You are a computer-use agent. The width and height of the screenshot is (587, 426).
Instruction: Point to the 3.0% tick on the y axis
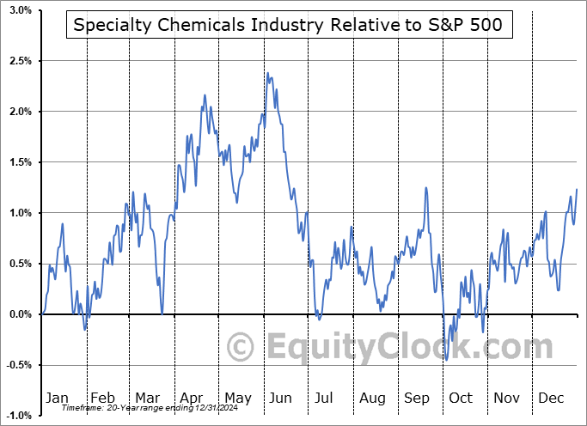[20, 11]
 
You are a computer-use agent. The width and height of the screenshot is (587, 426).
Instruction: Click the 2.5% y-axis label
[20, 62]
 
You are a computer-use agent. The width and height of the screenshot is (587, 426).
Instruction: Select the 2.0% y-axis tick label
[20, 112]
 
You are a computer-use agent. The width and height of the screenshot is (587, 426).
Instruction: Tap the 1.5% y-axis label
[20, 162]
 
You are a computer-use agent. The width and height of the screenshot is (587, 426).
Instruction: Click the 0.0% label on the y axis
[20, 314]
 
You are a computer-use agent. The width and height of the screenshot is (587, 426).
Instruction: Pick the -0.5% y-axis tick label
[18, 365]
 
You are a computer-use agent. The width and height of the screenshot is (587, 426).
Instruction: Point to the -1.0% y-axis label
[18, 416]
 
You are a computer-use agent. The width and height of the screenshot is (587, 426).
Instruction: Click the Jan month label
[56, 399]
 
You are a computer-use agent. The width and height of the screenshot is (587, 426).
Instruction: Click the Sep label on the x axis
[416, 399]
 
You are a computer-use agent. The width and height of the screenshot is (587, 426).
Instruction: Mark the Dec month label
[552, 399]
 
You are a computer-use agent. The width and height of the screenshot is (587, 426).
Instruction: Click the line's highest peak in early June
[268, 73]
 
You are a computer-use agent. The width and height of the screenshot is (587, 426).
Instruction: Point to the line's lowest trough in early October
[447, 359]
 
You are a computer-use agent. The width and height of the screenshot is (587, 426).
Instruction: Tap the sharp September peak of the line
[425, 188]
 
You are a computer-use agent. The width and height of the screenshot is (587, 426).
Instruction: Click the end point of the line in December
[577, 189]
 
